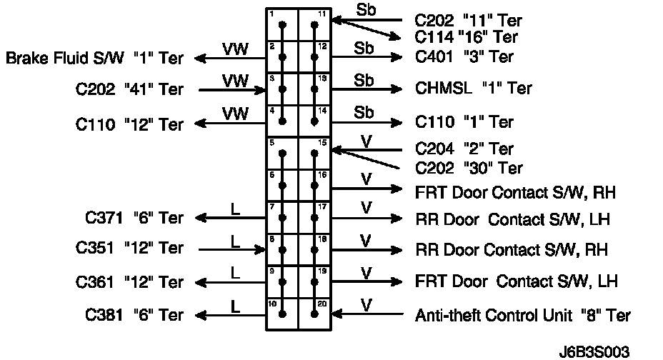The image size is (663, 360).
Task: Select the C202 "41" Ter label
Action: click(129, 90)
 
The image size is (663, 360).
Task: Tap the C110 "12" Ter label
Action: click(129, 124)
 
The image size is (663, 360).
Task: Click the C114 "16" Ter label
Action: click(466, 37)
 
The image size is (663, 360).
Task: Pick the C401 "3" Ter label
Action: click(462, 56)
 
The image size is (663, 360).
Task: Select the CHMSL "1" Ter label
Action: click(474, 89)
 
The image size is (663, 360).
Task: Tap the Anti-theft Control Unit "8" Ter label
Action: click(523, 314)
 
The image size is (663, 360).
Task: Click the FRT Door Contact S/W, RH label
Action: click(515, 192)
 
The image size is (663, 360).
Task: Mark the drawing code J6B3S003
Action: click(596, 351)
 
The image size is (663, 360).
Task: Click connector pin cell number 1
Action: click(282, 25)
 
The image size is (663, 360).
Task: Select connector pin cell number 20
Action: click(315, 314)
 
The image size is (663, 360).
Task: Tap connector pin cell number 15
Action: click(315, 154)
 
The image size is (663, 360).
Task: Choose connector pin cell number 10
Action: click(282, 314)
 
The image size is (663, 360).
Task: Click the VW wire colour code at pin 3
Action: click(235, 80)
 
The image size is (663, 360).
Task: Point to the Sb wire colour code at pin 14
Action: click(364, 112)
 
